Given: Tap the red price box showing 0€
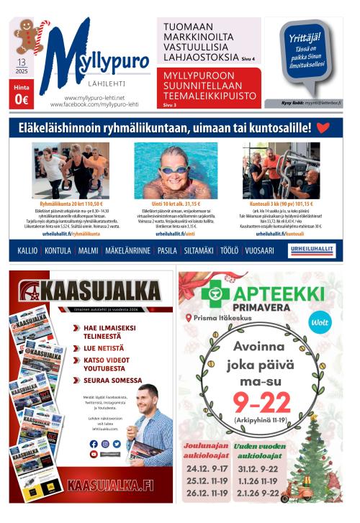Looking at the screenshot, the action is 22,95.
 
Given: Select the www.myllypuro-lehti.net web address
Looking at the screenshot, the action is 94,97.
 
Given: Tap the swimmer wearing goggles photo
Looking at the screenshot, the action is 176,170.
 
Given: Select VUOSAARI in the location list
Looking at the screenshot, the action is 258,250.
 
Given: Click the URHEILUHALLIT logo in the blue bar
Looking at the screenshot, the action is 312,250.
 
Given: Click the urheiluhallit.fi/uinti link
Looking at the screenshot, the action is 176,234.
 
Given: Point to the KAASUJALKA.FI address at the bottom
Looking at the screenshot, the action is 110,484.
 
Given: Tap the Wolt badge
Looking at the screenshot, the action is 319,322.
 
